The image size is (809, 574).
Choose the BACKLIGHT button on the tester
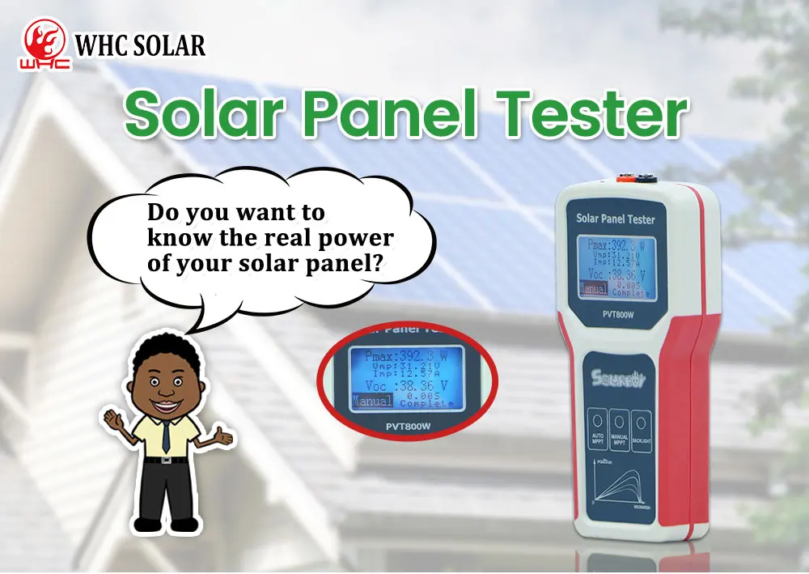(642, 430)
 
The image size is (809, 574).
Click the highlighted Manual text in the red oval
(372, 401)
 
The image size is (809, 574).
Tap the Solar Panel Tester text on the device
(615, 219)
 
